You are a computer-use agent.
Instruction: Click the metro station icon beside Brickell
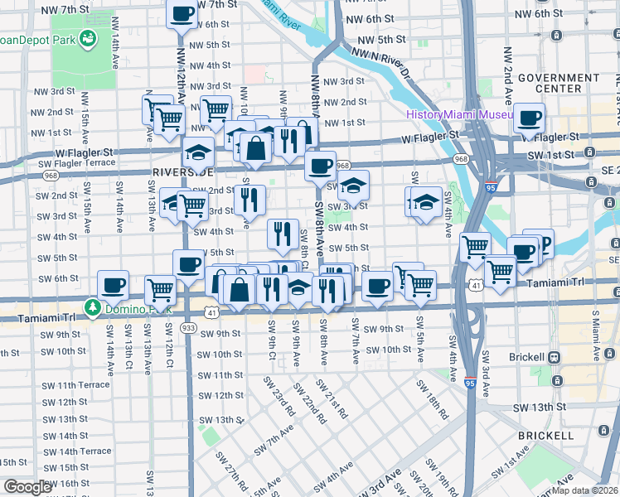pyautogui.click(x=555, y=356)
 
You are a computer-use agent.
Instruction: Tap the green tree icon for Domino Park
pyautogui.click(x=91, y=308)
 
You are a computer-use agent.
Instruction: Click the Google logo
pyautogui.click(x=27, y=487)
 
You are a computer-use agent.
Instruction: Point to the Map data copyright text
pyautogui.click(x=584, y=490)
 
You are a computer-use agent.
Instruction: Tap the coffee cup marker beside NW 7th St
pyautogui.click(x=182, y=13)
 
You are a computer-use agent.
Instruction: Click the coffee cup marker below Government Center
pyautogui.click(x=528, y=118)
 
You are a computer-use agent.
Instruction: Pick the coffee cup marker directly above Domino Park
pyautogui.click(x=113, y=286)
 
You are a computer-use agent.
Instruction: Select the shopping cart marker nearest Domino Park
pyautogui.click(x=160, y=290)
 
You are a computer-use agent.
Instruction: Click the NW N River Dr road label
pyautogui.click(x=383, y=62)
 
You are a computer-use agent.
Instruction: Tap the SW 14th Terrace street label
pyautogui.click(x=75, y=451)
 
